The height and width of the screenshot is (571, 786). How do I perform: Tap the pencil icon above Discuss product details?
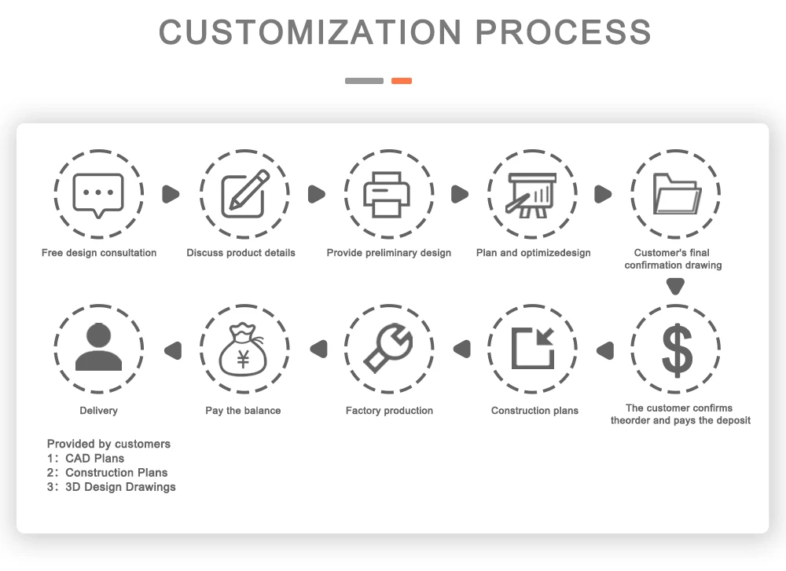[244, 194]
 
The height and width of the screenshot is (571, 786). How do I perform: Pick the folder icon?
[676, 194]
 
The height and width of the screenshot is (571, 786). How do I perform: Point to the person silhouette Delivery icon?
[98, 347]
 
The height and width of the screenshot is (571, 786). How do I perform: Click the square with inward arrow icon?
[533, 349]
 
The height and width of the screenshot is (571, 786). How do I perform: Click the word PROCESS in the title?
[564, 32]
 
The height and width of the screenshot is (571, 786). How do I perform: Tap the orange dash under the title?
[402, 81]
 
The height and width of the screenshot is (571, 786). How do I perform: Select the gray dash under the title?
[364, 81]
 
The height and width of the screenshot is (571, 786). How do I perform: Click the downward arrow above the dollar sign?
[676, 287]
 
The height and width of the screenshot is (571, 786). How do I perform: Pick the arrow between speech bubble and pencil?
[171, 194]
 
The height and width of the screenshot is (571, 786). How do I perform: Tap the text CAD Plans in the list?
[94, 458]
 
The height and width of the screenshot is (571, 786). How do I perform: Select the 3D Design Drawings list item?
[120, 487]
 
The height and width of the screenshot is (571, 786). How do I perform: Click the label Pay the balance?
[243, 411]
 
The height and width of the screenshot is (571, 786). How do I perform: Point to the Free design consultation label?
[99, 253]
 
